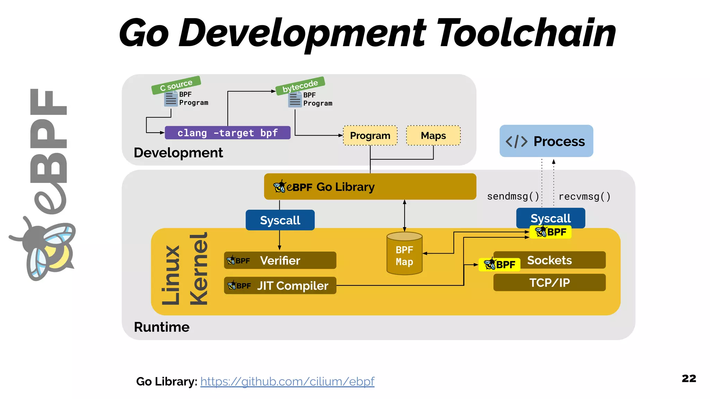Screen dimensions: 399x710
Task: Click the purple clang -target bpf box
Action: pyautogui.click(x=227, y=133)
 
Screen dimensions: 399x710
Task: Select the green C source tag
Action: pyautogui.click(x=176, y=85)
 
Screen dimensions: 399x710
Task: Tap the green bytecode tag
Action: pyautogui.click(x=300, y=86)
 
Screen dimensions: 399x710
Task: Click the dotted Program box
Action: pyautogui.click(x=370, y=135)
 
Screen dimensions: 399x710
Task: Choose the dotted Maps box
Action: pyautogui.click(x=433, y=135)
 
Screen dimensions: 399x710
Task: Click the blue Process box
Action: pyautogui.click(x=546, y=141)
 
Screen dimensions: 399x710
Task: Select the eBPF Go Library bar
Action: pyautogui.click(x=370, y=187)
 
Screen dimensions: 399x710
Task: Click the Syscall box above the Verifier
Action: pyautogui.click(x=280, y=220)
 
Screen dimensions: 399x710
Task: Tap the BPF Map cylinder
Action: pyautogui.click(x=404, y=255)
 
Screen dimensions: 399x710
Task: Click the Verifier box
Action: pyautogui.click(x=280, y=260)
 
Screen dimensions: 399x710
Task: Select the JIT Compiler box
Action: pyautogui.click(x=280, y=286)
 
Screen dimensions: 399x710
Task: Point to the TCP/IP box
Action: pyautogui.click(x=549, y=283)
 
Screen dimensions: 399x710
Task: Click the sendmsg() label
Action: pyautogui.click(x=513, y=196)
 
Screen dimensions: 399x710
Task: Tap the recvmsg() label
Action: pyautogui.click(x=585, y=197)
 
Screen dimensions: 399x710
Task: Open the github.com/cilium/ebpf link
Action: pyautogui.click(x=287, y=381)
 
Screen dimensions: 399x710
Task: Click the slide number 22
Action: pyautogui.click(x=689, y=378)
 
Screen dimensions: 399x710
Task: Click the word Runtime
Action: pyautogui.click(x=162, y=327)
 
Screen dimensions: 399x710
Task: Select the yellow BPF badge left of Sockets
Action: pyautogui.click(x=500, y=265)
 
